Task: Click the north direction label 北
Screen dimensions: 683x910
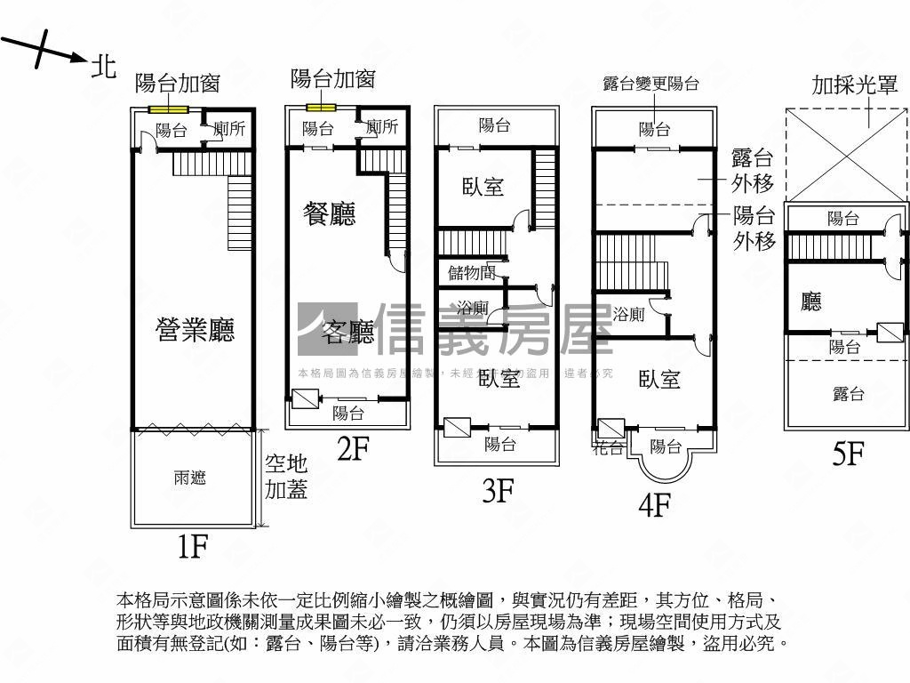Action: (104, 66)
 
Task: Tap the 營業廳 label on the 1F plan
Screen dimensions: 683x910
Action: (195, 331)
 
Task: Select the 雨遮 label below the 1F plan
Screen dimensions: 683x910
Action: (190, 478)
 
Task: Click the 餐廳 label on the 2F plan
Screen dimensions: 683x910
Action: (330, 213)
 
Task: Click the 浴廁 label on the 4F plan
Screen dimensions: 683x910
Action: (629, 313)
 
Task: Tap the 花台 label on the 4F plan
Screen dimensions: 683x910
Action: (609, 447)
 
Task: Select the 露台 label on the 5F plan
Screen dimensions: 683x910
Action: (848, 394)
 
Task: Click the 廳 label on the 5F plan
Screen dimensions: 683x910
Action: (811, 302)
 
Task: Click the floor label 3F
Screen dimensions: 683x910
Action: (499, 490)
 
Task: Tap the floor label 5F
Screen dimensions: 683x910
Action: (849, 454)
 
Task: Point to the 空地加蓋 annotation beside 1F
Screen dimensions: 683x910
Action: (286, 476)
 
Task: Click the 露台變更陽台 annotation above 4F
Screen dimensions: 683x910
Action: (651, 84)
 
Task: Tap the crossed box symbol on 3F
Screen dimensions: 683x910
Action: (458, 428)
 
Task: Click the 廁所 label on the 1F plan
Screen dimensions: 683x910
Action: (227, 129)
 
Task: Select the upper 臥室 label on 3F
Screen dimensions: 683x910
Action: (483, 187)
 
